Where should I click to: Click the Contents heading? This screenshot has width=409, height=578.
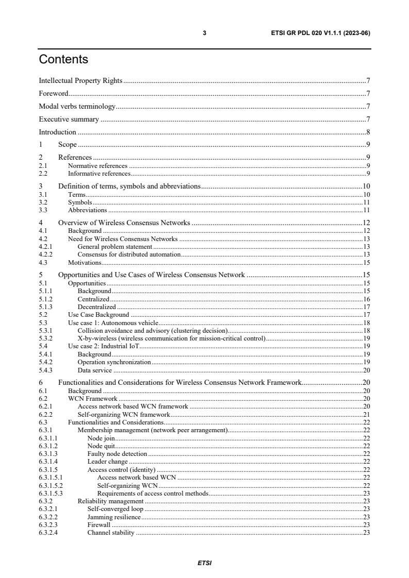tap(63, 60)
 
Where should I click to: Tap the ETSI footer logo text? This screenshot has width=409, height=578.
tap(204, 563)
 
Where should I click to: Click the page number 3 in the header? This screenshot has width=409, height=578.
tap(204, 33)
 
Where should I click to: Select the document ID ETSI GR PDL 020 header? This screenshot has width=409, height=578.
tap(320, 33)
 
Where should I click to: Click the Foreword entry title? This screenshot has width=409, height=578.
tap(54, 94)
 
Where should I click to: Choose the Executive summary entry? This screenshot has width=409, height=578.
tap(69, 120)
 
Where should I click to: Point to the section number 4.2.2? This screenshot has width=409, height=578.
tap(46, 254)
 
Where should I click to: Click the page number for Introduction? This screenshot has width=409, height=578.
tap(368, 132)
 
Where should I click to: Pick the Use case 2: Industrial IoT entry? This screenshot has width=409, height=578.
tap(104, 346)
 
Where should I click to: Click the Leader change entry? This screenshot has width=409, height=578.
tap(107, 462)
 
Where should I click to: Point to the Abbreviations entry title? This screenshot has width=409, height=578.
tap(88, 210)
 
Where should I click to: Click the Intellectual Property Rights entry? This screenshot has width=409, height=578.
tap(80, 81)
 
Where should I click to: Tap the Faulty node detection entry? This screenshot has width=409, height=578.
tap(118, 454)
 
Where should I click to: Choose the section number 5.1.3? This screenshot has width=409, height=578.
tap(46, 307)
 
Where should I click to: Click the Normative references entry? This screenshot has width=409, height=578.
tap(98, 166)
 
